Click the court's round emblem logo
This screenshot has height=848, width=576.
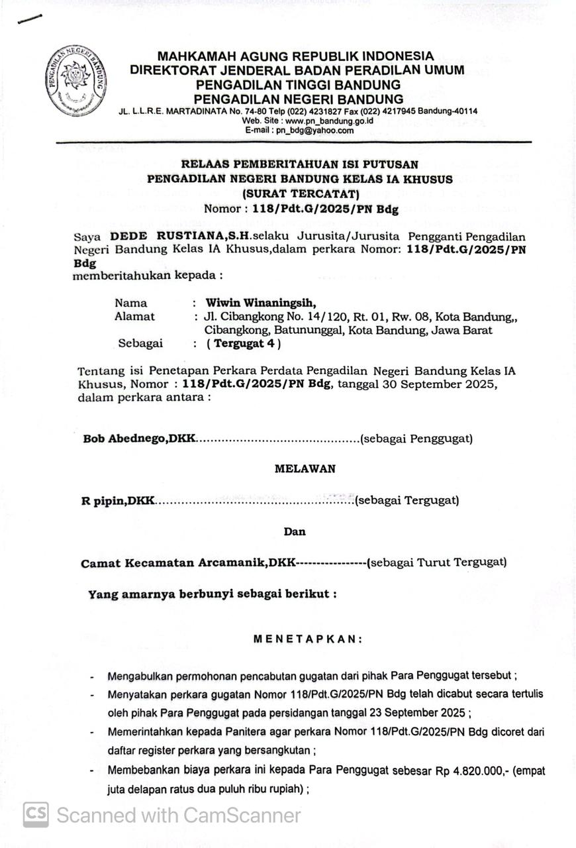tap(77, 81)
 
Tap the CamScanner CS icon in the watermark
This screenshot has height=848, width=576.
tap(36, 814)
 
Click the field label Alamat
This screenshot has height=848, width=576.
tap(134, 316)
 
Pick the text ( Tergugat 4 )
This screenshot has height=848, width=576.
tap(244, 343)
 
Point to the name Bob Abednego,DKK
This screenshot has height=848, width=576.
tap(139, 439)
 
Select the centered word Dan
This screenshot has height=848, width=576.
tap(295, 531)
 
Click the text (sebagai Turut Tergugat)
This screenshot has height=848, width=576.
tap(436, 562)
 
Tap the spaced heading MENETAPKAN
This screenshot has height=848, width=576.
tap(309, 639)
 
